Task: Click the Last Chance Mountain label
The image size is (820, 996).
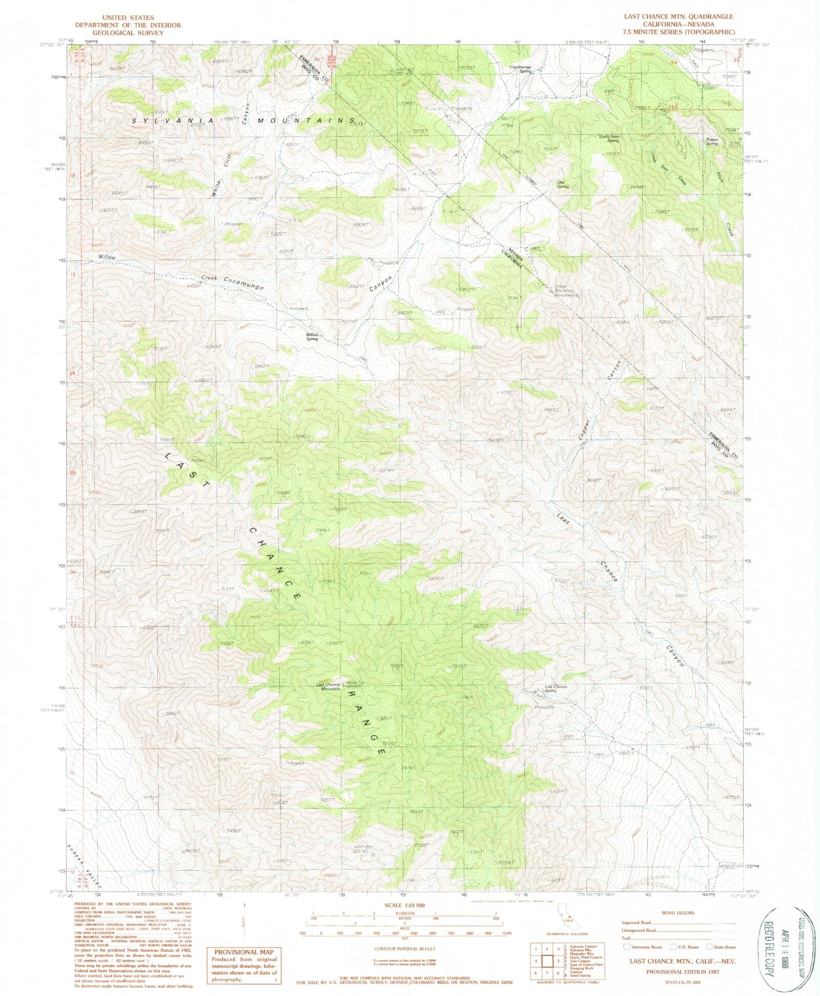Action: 328,687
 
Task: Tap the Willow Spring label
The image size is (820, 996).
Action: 312,337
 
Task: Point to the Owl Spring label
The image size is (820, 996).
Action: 563,184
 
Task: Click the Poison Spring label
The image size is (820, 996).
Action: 712,141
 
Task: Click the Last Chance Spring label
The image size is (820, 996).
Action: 556,688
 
